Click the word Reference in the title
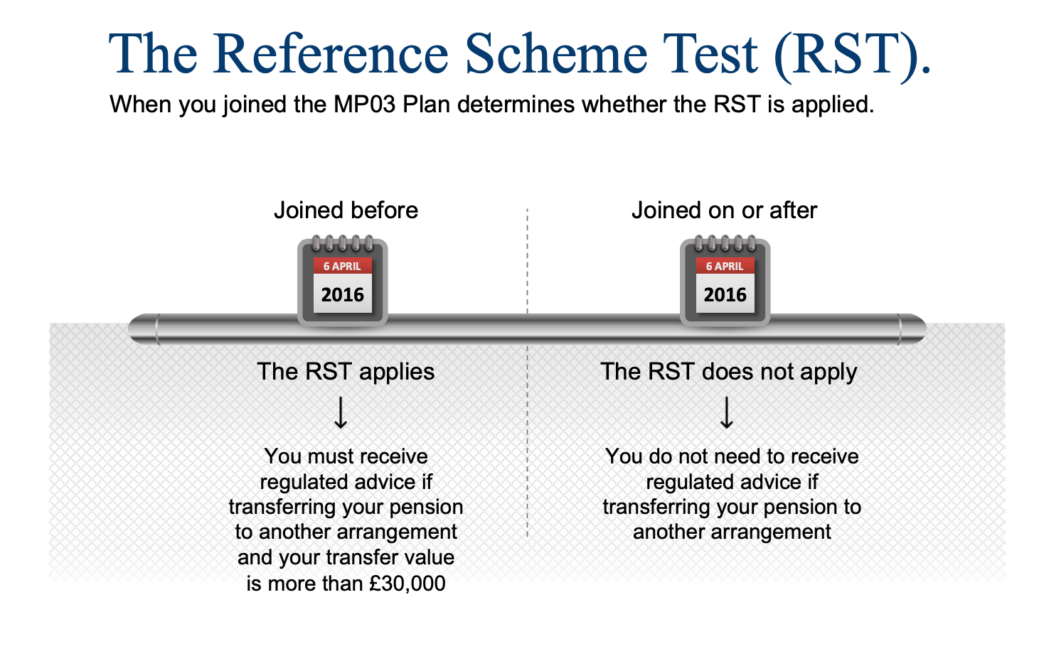(x=331, y=54)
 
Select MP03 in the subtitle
(x=364, y=104)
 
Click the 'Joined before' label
(x=346, y=210)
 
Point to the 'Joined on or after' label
(x=724, y=210)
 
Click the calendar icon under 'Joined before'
(x=343, y=281)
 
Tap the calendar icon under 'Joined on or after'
(x=725, y=281)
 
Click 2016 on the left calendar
(x=343, y=295)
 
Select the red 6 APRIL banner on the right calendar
(x=725, y=266)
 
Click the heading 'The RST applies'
(x=346, y=372)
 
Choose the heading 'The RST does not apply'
(x=729, y=372)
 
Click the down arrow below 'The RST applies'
(x=341, y=412)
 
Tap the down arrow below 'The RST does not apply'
(x=727, y=412)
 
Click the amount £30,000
(x=407, y=584)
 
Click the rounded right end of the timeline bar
(x=912, y=329)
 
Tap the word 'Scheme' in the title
(x=556, y=54)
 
